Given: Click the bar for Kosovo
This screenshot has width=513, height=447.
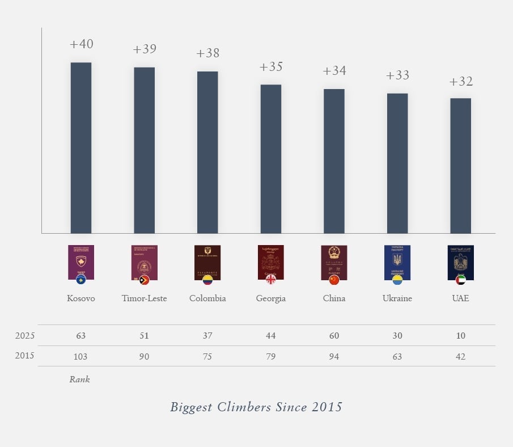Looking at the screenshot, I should pyautogui.click(x=81, y=147).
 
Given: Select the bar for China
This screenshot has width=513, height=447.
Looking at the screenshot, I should pyautogui.click(x=334, y=161).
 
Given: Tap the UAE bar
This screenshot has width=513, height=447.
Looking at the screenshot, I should pyautogui.click(x=460, y=166).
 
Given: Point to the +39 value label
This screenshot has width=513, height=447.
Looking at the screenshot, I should pyautogui.click(x=145, y=49).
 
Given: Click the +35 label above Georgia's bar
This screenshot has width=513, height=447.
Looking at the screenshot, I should pyautogui.click(x=271, y=67).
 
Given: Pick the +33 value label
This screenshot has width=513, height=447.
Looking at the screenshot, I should pyautogui.click(x=397, y=76).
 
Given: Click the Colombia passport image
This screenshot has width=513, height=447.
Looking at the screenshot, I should pyautogui.click(x=207, y=262).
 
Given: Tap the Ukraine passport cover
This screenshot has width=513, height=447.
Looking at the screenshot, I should pyautogui.click(x=397, y=262).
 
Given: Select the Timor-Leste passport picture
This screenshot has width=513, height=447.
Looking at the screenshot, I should pyautogui.click(x=145, y=262).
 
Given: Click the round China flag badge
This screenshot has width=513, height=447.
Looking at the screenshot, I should pyautogui.click(x=334, y=280).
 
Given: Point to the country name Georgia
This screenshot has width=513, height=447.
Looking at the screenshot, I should pyautogui.click(x=271, y=298).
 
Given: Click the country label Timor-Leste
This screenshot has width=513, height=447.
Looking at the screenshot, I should pyautogui.click(x=145, y=298).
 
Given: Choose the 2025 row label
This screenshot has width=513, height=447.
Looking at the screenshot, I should pyautogui.click(x=24, y=336).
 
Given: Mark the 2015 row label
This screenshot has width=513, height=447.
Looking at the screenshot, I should pyautogui.click(x=24, y=356).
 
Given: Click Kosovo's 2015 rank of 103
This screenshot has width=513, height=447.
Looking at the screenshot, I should pyautogui.click(x=81, y=356).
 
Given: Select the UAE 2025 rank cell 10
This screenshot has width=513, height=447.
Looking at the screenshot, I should pyautogui.click(x=460, y=336).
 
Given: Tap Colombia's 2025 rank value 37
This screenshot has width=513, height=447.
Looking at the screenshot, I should pyautogui.click(x=207, y=336).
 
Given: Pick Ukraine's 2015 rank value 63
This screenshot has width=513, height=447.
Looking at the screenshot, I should pyautogui.click(x=397, y=356).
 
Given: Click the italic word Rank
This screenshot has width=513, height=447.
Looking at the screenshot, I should pyautogui.click(x=79, y=379).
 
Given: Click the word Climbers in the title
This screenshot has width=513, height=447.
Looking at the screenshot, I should pyautogui.click(x=246, y=407).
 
